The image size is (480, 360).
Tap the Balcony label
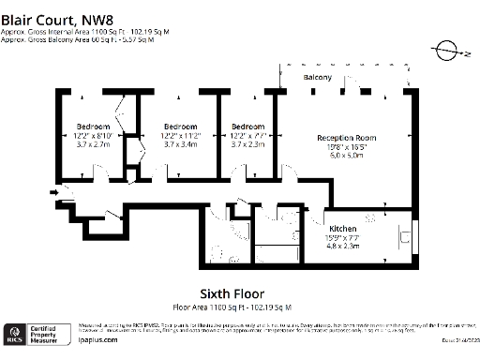click(316, 77)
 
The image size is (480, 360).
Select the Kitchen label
click(341, 229)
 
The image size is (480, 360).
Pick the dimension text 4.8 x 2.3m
click(341, 246)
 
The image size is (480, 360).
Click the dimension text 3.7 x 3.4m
click(180, 145)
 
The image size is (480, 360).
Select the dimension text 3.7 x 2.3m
click(248, 145)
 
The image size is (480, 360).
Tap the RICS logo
click(15, 333)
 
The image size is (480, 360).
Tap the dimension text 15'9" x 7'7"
click(341, 237)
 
